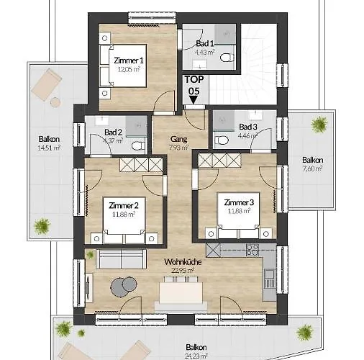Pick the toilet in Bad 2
pyautogui.click(x=136, y=144)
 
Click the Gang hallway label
pyautogui.click(x=178, y=139)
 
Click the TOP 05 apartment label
pyautogui.click(x=193, y=85)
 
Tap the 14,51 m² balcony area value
pyautogui.click(x=49, y=148)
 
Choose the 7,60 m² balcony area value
pyautogui.click(x=311, y=168)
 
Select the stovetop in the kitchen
pyautogui.click(x=252, y=250)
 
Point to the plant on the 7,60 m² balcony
pyautogui.click(x=317, y=125)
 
